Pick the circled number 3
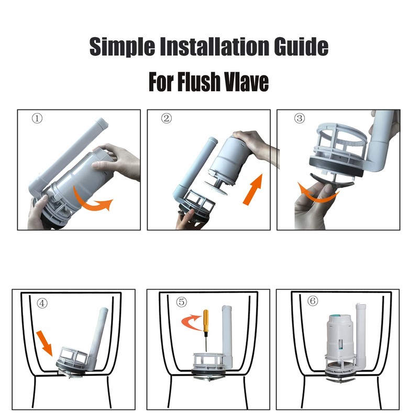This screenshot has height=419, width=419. click(x=299, y=118)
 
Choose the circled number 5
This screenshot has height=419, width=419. click(x=181, y=302)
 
